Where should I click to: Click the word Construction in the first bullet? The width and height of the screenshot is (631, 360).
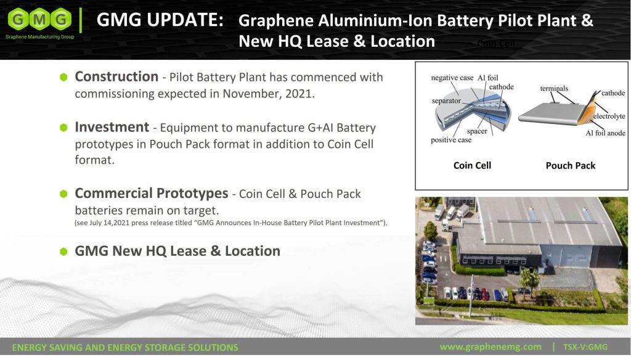pyautogui.click(x=116, y=76)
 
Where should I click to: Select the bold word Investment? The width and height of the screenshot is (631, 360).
pyautogui.click(x=112, y=127)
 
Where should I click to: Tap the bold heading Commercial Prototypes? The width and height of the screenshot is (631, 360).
pyautogui.click(x=152, y=194)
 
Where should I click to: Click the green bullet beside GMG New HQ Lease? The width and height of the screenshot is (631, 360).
pyautogui.click(x=63, y=252)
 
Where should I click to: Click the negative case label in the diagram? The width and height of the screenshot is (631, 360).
pyautogui.click(x=452, y=78)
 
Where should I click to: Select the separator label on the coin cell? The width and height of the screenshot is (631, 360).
pyautogui.click(x=446, y=100)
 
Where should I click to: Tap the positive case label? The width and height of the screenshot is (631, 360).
pyautogui.click(x=451, y=140)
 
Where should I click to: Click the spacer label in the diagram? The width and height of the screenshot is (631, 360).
pyautogui.click(x=477, y=131)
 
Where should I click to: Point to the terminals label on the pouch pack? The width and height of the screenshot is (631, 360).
pyautogui.click(x=554, y=88)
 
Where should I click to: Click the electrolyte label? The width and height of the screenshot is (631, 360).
pyautogui.click(x=609, y=117)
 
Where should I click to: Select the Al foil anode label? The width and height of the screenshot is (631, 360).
pyautogui.click(x=605, y=133)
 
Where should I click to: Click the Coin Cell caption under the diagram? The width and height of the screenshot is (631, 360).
pyautogui.click(x=472, y=165)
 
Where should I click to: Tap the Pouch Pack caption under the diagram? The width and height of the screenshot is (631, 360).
pyautogui.click(x=570, y=165)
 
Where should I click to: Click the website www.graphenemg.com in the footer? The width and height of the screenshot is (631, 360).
pyautogui.click(x=490, y=346)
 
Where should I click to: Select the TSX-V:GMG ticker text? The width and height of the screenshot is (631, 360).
pyautogui.click(x=585, y=346)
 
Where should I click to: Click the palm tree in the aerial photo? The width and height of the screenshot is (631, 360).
pyautogui.click(x=529, y=279)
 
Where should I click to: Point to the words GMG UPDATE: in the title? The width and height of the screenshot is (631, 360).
pyautogui.click(x=160, y=20)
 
